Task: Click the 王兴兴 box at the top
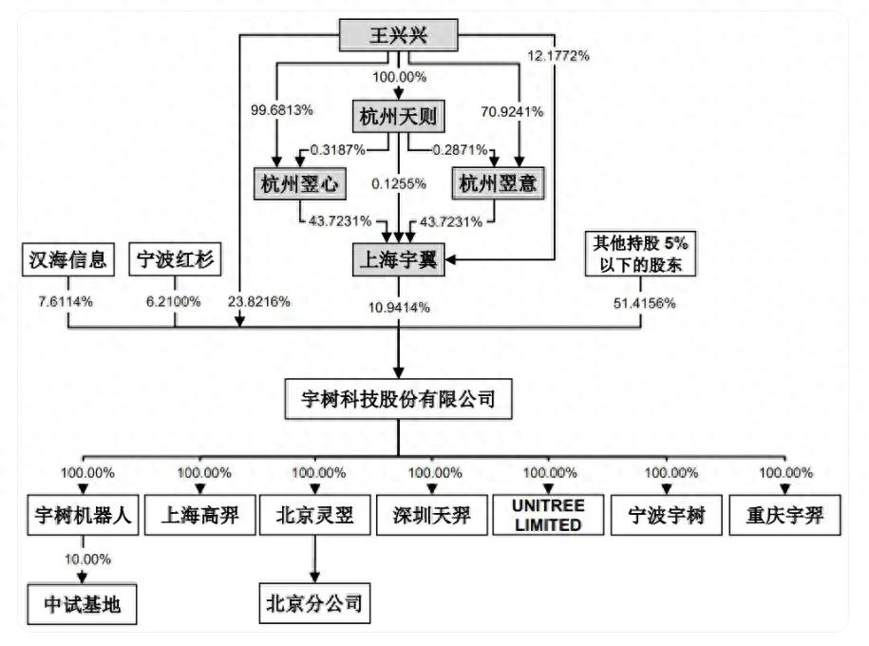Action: coord(399,35)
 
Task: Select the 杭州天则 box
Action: coord(399,117)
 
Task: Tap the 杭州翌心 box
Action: coord(300,183)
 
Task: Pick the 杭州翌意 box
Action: coord(499,183)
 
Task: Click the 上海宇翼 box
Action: coord(399,259)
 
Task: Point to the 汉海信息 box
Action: coord(68,259)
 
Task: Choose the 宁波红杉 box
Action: coord(175,259)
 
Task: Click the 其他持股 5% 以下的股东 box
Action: coord(641,254)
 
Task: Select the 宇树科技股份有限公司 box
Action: coord(399,399)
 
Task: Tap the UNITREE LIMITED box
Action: coord(548,515)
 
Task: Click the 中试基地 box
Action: coord(82,604)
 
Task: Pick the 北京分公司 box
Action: coord(314,603)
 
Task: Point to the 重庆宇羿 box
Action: coord(784,515)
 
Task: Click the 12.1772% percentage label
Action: coord(558,55)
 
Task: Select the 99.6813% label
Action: coord(281,110)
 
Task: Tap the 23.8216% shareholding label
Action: coord(259,302)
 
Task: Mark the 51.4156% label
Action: coord(645,303)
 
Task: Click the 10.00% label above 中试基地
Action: coord(87,559)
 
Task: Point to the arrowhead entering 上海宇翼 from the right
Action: coord(450,259)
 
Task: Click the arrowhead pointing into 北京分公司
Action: coord(314,578)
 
